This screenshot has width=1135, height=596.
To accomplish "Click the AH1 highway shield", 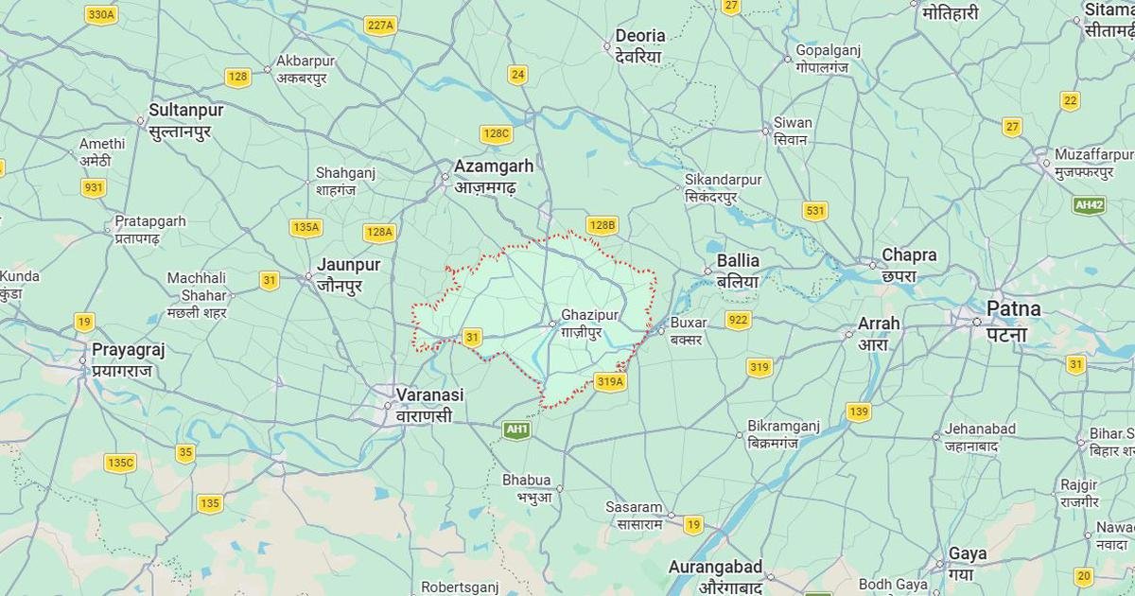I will pyautogui.click(x=516, y=429).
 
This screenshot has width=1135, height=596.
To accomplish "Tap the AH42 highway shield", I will pyautogui.click(x=1089, y=205).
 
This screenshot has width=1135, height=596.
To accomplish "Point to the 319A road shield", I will pyautogui.click(x=610, y=381).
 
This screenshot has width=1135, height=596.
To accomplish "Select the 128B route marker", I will pyautogui.click(x=602, y=225).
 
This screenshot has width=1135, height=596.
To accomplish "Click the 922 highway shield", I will pyautogui.click(x=738, y=320).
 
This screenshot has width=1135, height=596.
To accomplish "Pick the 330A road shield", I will pyautogui.click(x=101, y=14).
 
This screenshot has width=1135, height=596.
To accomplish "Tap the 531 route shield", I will pyautogui.click(x=814, y=211).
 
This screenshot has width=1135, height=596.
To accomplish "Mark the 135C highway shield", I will pyautogui.click(x=120, y=463).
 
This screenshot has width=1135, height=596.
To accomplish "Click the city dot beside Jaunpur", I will pyautogui.click(x=308, y=276).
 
